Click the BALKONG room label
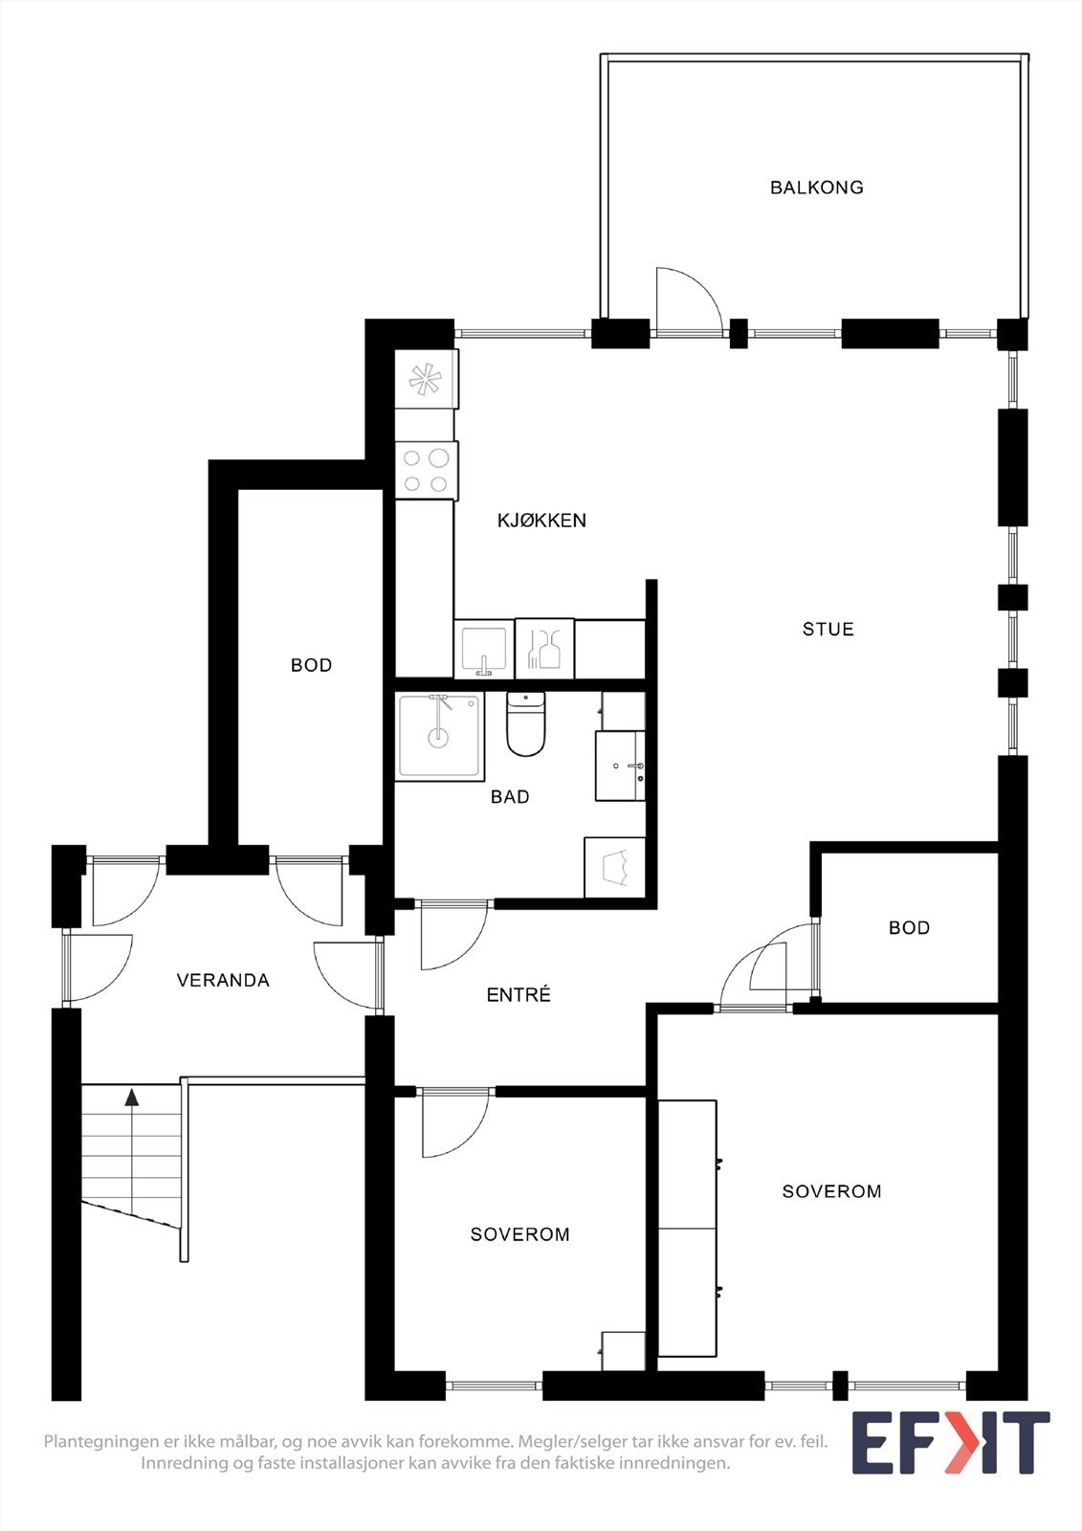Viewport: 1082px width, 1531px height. click(x=816, y=188)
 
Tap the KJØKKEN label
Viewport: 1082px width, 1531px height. click(x=541, y=521)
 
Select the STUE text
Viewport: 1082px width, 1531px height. click(x=828, y=629)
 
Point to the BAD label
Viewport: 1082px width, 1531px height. click(x=510, y=796)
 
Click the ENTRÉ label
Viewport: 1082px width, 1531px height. click(x=519, y=995)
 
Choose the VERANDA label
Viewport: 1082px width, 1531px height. click(x=223, y=980)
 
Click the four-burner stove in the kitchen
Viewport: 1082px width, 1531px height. click(x=426, y=470)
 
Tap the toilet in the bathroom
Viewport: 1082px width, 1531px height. click(x=525, y=725)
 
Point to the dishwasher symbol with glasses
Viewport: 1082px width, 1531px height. click(x=544, y=649)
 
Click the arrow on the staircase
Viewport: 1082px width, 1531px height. click(x=131, y=1098)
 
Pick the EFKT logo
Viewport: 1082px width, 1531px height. click(x=950, y=1442)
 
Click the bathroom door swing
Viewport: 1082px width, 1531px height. click(x=451, y=935)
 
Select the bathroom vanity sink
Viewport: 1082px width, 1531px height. click(x=620, y=765)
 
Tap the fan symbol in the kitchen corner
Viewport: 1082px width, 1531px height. click(x=425, y=380)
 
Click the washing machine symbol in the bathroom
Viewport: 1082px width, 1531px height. click(x=614, y=867)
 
